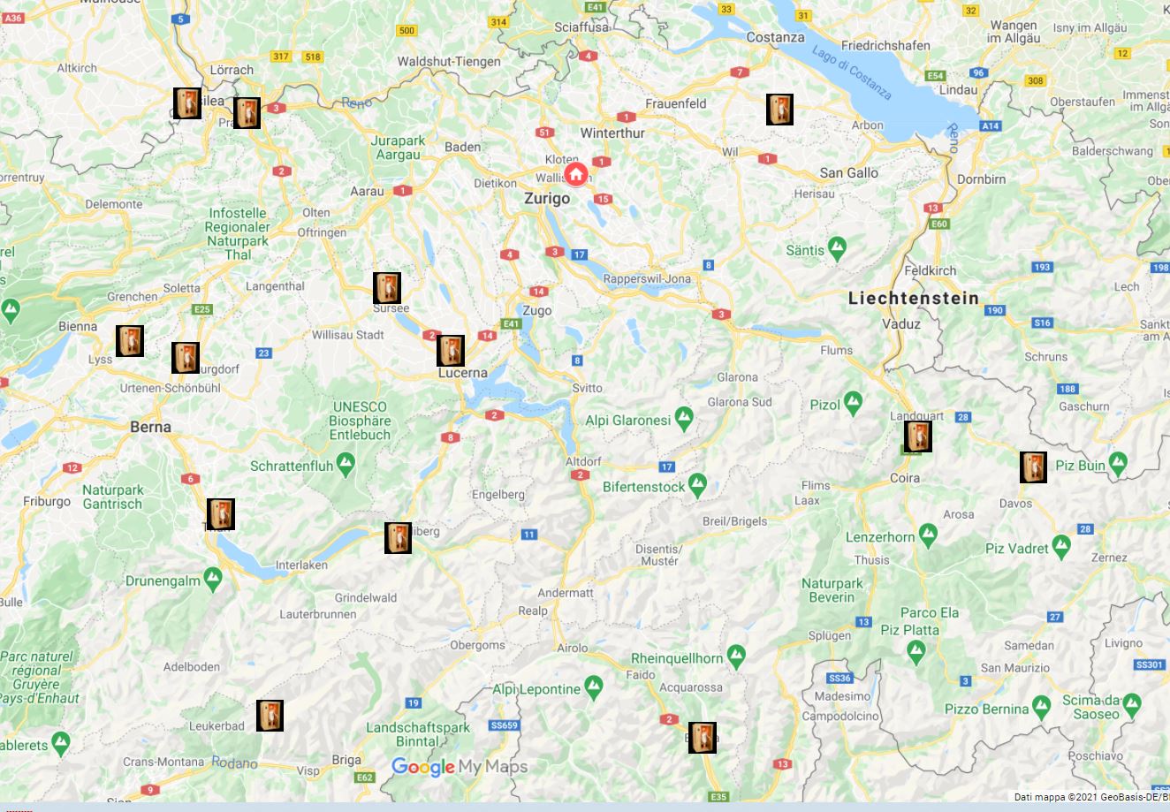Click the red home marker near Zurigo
tap(575, 173)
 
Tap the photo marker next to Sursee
tap(387, 288)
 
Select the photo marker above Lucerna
tap(451, 351)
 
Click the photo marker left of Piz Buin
tap(1033, 467)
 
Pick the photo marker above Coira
tap(917, 436)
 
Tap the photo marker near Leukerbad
tap(270, 715)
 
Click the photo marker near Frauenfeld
tap(779, 110)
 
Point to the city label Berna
tap(150, 427)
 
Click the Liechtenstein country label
tap(914, 298)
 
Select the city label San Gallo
tap(848, 172)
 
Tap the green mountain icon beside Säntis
tap(837, 248)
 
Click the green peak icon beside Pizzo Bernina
tap(1042, 707)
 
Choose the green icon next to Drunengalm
tap(212, 579)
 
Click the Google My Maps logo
tap(459, 767)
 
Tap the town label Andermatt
tap(566, 593)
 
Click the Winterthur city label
tap(612, 133)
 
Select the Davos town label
tap(1015, 503)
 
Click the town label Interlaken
tap(301, 565)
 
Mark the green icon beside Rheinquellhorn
tap(736, 656)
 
